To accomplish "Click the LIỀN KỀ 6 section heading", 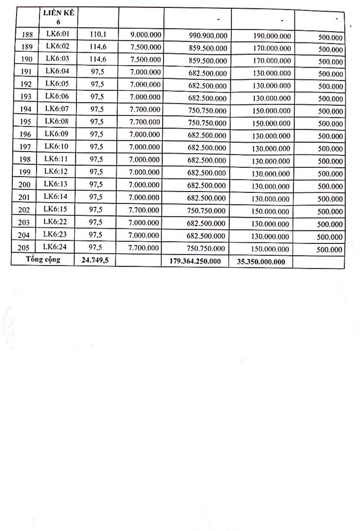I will [59, 18].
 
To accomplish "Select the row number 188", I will [25, 36].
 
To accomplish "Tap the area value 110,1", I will [96, 35].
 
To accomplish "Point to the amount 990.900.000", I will [208, 36].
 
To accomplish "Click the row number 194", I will [25, 110].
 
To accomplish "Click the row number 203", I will [25, 223].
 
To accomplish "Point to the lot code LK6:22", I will [55, 222].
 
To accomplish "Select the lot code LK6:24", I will [55, 247].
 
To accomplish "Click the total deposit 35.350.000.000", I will [261, 262].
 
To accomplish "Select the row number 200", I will [25, 185].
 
